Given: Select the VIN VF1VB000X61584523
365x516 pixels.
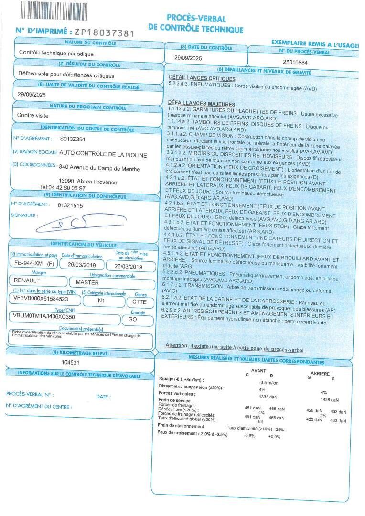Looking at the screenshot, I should [x=41, y=299].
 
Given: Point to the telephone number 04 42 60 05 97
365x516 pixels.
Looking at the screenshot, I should [x=63, y=188].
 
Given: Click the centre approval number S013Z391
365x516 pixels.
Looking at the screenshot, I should [x=73, y=139].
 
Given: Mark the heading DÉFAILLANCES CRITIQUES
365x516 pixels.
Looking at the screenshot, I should [x=202, y=79].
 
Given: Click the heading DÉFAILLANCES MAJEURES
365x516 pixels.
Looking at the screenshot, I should [x=201, y=104].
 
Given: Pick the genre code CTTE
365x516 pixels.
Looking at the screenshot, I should [x=139, y=301].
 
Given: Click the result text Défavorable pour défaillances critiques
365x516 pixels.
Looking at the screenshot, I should [x=66, y=75].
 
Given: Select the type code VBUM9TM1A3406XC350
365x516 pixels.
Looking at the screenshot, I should [x=44, y=316].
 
